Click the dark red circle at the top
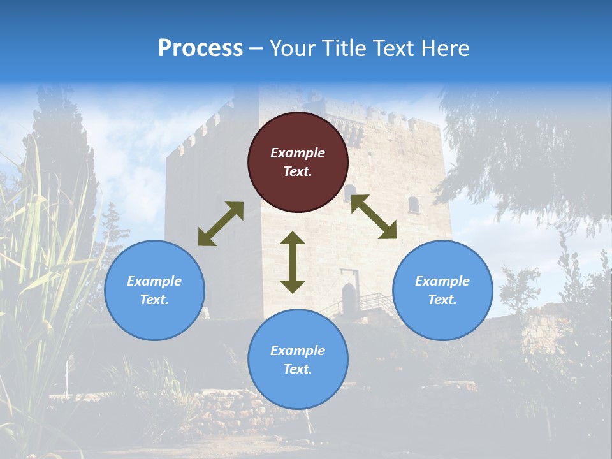click(x=298, y=162)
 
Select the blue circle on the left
click(x=154, y=290)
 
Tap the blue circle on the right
click(x=442, y=290)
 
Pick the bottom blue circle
click(x=298, y=360)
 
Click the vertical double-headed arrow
click(x=293, y=262)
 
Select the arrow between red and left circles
click(x=221, y=224)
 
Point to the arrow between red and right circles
click(x=374, y=217)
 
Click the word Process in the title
click(x=200, y=48)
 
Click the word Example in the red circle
click(x=298, y=153)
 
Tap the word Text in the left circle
click(x=154, y=300)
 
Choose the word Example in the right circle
click(x=442, y=281)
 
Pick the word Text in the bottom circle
click(x=298, y=369)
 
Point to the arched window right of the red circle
click(x=414, y=205)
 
